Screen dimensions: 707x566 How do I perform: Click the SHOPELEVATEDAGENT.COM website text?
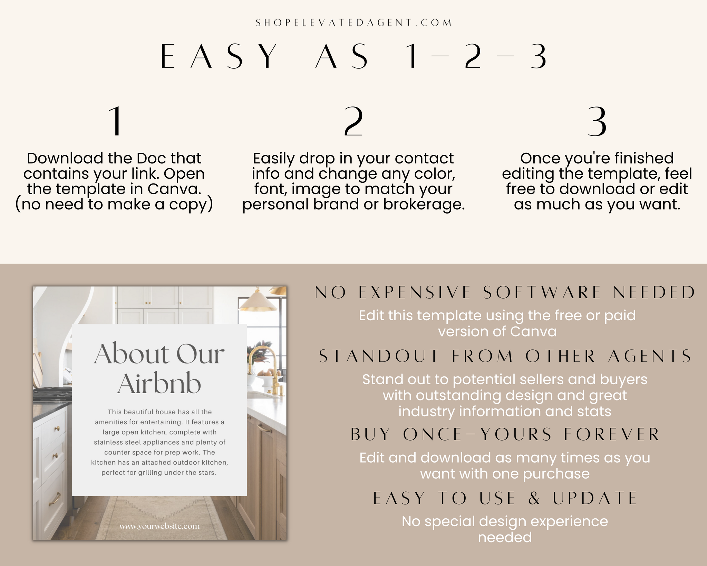tap(353, 23)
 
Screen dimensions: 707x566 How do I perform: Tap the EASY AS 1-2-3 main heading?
tap(353, 57)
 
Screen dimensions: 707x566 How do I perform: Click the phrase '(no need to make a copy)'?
tap(114, 204)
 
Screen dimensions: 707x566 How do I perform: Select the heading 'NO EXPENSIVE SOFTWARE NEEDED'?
tap(505, 293)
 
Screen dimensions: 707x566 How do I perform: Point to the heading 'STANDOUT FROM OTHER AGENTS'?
tap(505, 356)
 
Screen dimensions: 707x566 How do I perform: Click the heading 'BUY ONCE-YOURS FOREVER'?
tap(505, 434)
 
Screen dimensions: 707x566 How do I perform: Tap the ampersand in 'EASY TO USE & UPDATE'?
tap(534, 498)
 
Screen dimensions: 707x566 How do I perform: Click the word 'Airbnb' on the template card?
tap(159, 384)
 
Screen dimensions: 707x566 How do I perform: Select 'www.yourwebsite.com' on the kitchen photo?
tap(159, 526)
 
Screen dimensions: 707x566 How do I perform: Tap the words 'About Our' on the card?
tap(159, 354)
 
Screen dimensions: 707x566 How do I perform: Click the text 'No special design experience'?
tap(505, 521)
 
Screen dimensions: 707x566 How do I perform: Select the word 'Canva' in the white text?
tap(533, 332)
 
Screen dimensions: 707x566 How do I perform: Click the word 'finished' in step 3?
tap(644, 158)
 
